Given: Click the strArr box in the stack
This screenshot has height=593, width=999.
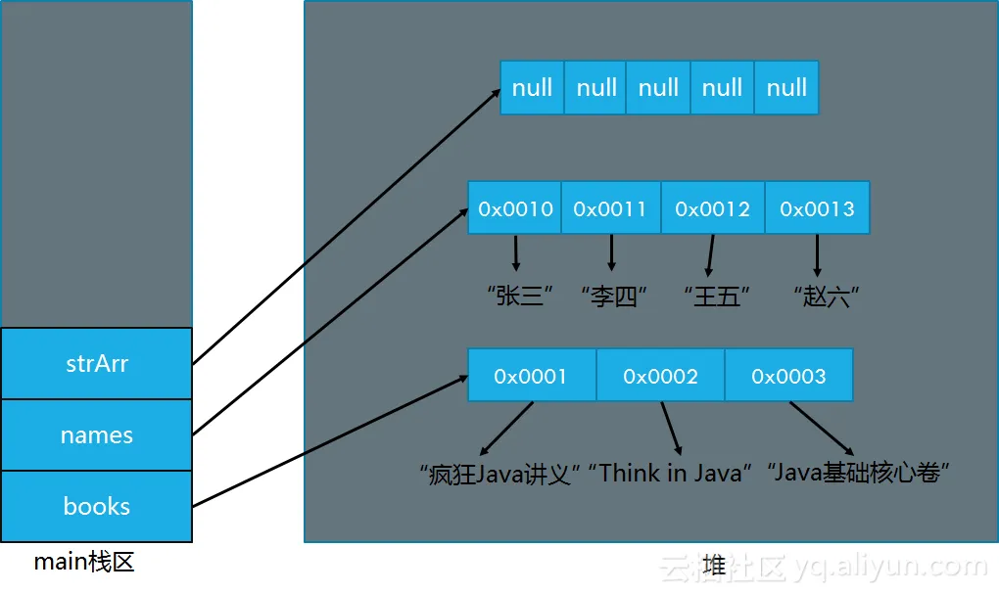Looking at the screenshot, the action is pyautogui.click(x=96, y=363).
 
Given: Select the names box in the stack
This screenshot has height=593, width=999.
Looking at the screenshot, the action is pyautogui.click(x=96, y=435).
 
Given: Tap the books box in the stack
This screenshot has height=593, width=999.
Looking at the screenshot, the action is pyautogui.click(x=96, y=507).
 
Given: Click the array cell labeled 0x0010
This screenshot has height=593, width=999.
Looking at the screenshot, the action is pyautogui.click(x=515, y=208).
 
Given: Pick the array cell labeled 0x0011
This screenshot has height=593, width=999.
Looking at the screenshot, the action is pyautogui.click(x=611, y=208).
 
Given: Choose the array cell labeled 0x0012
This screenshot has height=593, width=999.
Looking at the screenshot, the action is pyautogui.click(x=713, y=208).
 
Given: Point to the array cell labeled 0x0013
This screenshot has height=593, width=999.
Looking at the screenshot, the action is pyautogui.click(x=818, y=208).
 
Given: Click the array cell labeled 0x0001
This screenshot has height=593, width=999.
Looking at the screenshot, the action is pyautogui.click(x=532, y=376).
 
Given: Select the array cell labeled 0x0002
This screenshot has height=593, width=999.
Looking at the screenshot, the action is pyautogui.click(x=661, y=376).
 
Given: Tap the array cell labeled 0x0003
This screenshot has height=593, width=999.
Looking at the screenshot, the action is pyautogui.click(x=788, y=376).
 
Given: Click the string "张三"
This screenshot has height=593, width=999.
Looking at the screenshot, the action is pyautogui.click(x=519, y=296).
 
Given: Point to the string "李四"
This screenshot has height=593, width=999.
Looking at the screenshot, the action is pyautogui.click(x=613, y=296).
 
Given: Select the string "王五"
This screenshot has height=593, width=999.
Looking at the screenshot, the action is pyautogui.click(x=717, y=296).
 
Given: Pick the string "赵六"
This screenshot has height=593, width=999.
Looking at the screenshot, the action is pyautogui.click(x=827, y=296).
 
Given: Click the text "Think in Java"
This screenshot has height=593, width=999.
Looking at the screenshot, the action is pyautogui.click(x=670, y=473).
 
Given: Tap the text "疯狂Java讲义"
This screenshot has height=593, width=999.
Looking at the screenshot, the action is pyautogui.click(x=499, y=474).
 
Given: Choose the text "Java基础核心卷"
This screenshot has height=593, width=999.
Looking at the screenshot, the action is pyautogui.click(x=858, y=473).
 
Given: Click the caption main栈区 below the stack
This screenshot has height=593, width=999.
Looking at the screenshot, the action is pyautogui.click(x=84, y=562).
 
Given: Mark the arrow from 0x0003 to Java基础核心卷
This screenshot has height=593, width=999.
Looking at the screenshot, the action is pyautogui.click(x=822, y=429).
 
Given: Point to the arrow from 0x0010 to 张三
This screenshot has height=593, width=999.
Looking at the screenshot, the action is pyautogui.click(x=516, y=252).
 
